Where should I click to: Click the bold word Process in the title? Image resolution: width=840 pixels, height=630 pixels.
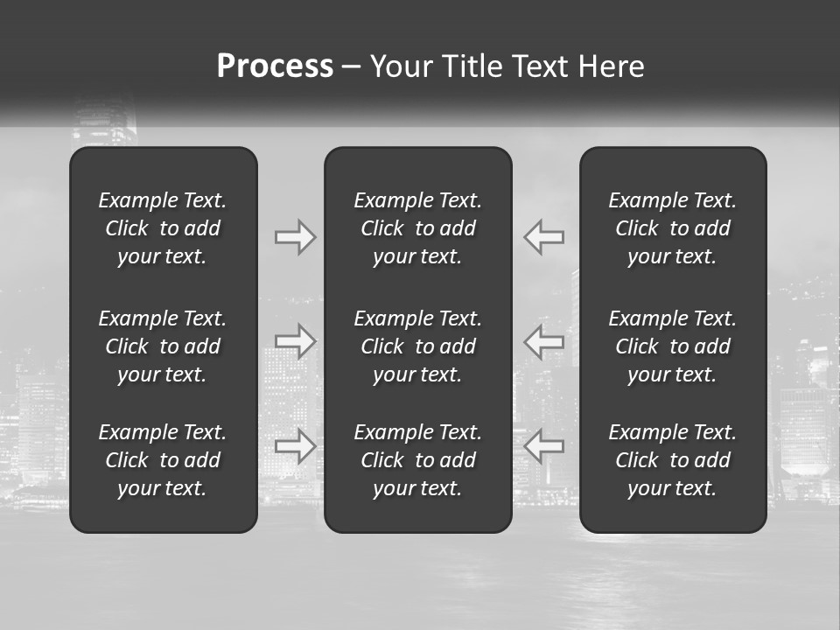point(275,66)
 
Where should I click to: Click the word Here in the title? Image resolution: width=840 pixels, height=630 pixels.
point(612,66)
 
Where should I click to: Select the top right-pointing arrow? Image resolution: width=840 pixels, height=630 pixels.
point(295,237)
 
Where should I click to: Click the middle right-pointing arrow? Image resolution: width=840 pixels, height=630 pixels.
point(295,341)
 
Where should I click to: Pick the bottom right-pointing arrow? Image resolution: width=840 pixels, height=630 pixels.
point(295,446)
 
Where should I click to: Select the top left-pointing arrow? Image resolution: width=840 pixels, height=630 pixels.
point(544,237)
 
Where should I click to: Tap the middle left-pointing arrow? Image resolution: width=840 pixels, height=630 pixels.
point(544,341)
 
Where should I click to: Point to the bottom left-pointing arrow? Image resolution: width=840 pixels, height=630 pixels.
point(544,446)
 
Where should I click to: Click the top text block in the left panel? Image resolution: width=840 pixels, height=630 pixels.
point(163,228)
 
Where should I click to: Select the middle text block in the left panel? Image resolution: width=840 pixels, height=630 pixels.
point(163,346)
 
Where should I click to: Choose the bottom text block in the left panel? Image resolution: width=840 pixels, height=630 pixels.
point(163,460)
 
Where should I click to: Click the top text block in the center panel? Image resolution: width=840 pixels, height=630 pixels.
point(418,228)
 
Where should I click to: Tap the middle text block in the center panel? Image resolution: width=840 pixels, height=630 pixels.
point(418,346)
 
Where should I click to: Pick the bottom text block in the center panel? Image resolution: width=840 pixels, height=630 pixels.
point(418,460)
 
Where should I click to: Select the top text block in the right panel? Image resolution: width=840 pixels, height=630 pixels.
point(673,228)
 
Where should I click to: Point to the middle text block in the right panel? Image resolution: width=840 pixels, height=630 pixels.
point(673,346)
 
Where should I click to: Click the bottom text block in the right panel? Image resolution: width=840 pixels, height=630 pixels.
point(673,460)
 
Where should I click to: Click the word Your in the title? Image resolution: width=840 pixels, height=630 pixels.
point(398,66)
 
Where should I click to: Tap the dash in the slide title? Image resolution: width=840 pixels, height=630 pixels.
point(351,67)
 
